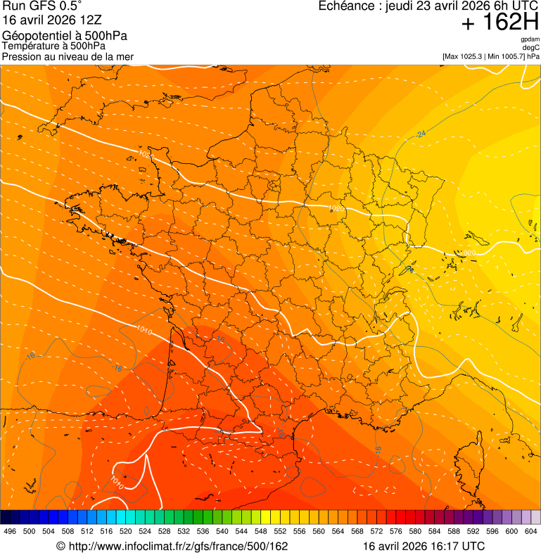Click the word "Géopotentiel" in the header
[34, 36]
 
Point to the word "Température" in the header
[30, 46]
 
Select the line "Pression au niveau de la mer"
[68, 56]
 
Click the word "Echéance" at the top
[345, 6]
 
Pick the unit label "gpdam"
[530, 39]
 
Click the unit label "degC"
[531, 48]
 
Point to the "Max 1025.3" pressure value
[466, 56]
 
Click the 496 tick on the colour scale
[10, 532]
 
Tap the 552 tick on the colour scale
[280, 532]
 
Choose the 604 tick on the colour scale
[530, 532]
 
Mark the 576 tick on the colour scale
[395, 532]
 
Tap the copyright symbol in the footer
[61, 546]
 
